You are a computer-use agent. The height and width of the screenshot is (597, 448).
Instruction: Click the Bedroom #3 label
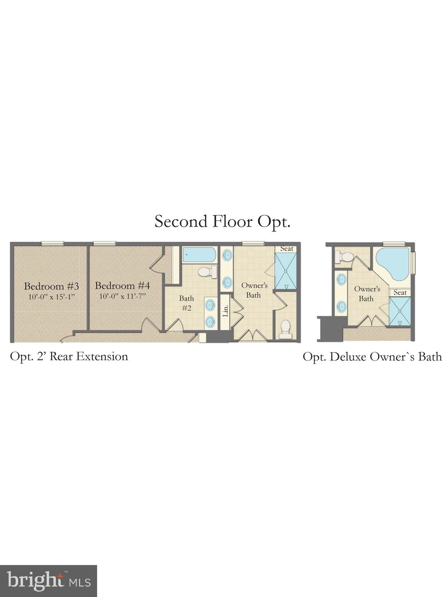(x=51, y=286)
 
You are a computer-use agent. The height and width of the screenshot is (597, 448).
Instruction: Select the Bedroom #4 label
(x=122, y=286)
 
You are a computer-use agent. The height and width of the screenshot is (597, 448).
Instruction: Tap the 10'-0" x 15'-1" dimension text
(x=51, y=297)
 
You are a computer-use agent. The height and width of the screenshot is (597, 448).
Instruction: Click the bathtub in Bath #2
(x=199, y=255)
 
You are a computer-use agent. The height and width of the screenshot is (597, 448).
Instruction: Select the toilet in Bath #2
(x=207, y=272)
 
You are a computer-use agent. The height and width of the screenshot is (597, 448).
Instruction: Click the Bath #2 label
(x=186, y=303)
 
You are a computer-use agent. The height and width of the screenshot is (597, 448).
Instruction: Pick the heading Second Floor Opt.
(x=222, y=222)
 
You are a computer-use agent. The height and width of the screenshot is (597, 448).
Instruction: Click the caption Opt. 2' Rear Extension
(x=69, y=356)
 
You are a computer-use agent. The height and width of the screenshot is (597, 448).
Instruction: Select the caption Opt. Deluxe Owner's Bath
(x=372, y=357)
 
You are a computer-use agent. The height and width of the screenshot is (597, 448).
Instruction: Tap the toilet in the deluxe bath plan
(x=344, y=257)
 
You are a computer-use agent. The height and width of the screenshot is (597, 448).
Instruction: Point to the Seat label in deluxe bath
(x=400, y=293)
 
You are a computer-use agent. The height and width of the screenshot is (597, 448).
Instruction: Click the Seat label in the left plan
(x=287, y=249)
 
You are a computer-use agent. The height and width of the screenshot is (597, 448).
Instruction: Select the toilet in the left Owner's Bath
(x=285, y=329)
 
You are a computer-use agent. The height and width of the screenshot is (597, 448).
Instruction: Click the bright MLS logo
(x=48, y=581)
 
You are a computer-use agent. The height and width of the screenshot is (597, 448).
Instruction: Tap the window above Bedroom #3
(x=52, y=244)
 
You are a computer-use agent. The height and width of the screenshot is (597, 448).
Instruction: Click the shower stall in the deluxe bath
(x=399, y=311)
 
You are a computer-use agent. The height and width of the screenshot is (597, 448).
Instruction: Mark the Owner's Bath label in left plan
(x=254, y=290)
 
